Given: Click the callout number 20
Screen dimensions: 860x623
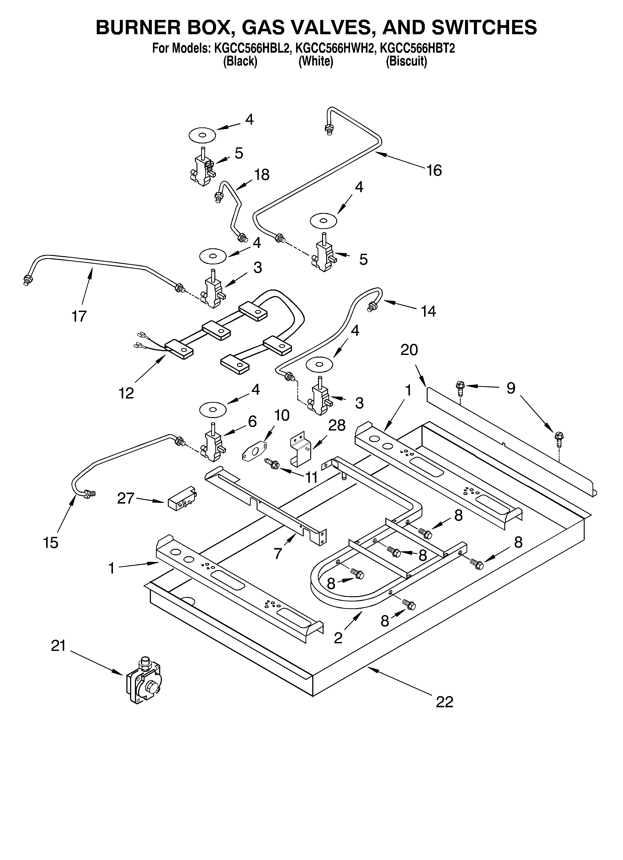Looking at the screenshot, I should [409, 350].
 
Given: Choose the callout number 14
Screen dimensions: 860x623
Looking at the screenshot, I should [428, 311].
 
